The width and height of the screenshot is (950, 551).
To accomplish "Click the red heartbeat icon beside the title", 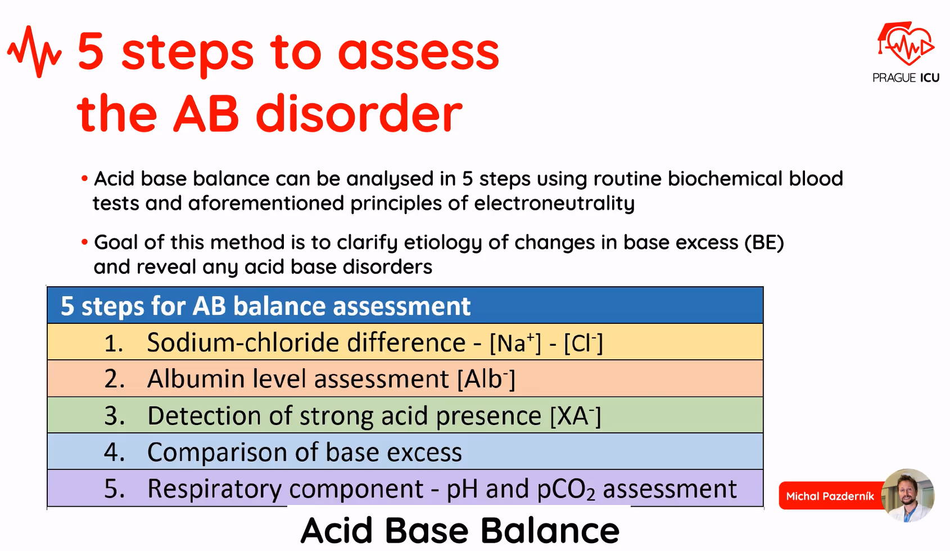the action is pos(34,52).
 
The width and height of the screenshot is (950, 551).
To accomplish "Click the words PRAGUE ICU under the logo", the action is pos(906,78).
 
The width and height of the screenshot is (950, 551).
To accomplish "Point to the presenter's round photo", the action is pos(907,495).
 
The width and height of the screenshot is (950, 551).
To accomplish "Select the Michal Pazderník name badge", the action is pos(830,496).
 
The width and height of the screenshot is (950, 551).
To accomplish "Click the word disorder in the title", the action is pos(359,114).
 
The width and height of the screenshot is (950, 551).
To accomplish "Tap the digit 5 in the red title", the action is pos(91,52).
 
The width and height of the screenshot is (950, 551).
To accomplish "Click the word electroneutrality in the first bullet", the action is pos(554,203).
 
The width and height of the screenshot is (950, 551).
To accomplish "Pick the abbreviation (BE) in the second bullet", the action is pos(764,242).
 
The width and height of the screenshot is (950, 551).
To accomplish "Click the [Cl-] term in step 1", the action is pos(583,342).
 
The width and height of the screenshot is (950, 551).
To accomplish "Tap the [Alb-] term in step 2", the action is pos(486,379).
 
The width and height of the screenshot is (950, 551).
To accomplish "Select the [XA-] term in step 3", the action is pos(575,416).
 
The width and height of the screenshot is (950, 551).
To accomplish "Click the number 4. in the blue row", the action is pos(114,452).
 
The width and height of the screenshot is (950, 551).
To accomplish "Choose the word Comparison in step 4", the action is pos(218,453).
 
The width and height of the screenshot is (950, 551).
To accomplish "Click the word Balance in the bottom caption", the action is pos(549,530).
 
